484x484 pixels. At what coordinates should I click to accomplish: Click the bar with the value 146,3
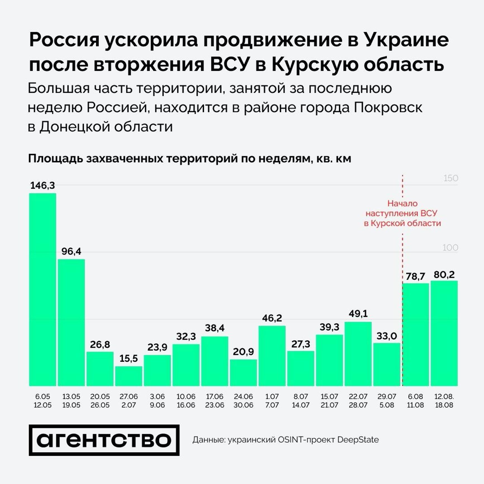click(42, 289)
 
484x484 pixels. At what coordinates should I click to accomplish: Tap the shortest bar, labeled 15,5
click(129, 376)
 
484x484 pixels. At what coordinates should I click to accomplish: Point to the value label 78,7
click(415, 276)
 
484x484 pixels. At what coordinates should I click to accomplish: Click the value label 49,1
click(358, 314)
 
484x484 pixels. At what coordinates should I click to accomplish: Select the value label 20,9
click(243, 352)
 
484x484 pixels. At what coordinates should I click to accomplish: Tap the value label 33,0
click(386, 336)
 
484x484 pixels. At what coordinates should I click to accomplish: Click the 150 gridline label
click(450, 178)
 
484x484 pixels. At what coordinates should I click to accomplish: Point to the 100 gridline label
click(450, 248)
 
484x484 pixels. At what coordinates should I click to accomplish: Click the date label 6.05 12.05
click(42, 401)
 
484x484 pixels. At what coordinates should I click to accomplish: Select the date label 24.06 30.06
click(243, 401)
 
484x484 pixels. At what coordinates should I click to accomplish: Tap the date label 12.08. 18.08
click(444, 401)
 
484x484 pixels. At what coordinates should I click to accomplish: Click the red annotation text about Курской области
click(402, 213)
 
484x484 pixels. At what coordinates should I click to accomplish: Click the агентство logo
click(104, 440)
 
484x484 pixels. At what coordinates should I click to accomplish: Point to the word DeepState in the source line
click(358, 440)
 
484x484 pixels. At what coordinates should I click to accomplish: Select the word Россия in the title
click(64, 40)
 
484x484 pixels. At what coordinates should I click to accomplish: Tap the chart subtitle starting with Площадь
click(189, 158)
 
